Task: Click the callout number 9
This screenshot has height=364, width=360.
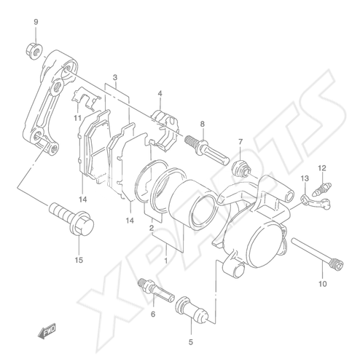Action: pos(36,23)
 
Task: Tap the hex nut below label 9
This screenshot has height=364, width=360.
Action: pos(34,50)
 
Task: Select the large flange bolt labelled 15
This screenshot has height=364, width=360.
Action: pos(71,219)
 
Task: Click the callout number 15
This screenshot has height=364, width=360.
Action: pos(79,260)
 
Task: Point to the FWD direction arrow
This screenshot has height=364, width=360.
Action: pos(47,331)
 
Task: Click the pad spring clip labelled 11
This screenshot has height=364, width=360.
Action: pos(86,98)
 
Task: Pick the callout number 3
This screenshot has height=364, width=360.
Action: pos(115,78)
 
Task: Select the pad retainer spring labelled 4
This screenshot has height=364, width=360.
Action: pos(165,130)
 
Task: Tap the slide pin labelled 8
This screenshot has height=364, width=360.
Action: pos(207,151)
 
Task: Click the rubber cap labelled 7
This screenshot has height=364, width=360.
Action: pos(240,169)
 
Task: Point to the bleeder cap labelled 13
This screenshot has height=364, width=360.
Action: pos(316,201)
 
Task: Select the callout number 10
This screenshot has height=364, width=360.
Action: pos(323,284)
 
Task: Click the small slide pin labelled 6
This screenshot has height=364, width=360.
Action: pos(156,290)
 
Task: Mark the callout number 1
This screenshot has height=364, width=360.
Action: pos(166,261)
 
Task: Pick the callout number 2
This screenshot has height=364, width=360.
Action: pos(152,228)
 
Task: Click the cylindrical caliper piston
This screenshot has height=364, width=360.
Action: pos(192,205)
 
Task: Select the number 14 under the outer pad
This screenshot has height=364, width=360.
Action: pos(82,199)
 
